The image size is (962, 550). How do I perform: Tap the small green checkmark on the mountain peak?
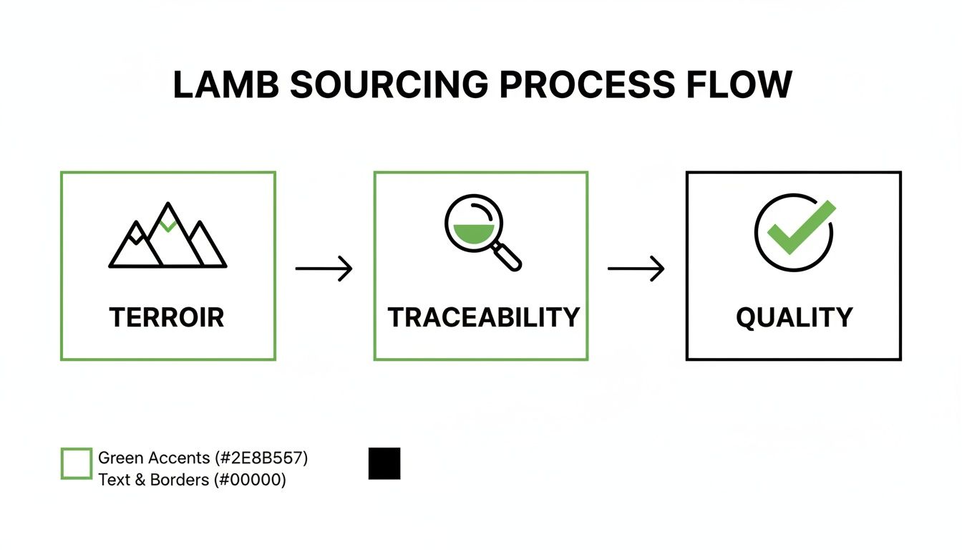click(168, 226)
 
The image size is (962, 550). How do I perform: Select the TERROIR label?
click(167, 317)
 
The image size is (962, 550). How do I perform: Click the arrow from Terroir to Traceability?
click(324, 269)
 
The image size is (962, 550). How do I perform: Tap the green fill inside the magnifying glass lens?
click(473, 233)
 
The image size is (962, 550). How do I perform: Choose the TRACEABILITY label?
click(483, 317)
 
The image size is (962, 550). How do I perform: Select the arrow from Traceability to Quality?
click(636, 269)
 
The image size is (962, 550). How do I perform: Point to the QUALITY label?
click(794, 317)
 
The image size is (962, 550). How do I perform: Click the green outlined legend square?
click(77, 463)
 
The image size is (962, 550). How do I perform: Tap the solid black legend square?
click(384, 463)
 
